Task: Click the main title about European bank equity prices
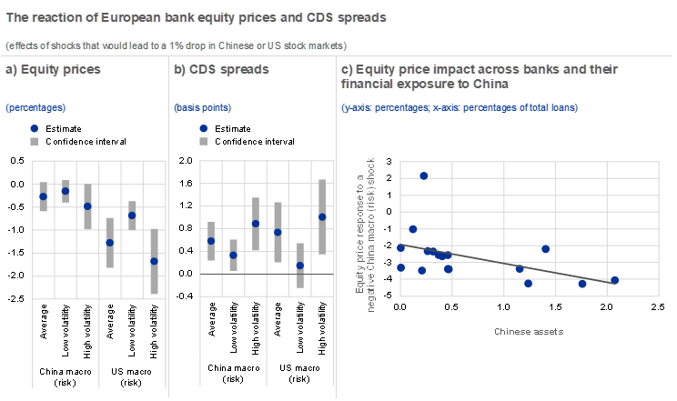tap(196, 16)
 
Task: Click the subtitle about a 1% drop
tap(176, 45)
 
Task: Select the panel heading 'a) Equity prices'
tap(53, 69)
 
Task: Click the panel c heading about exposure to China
tap(479, 76)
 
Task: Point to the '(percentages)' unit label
tap(35, 107)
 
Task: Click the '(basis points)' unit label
tap(203, 107)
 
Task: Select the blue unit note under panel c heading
tap(460, 107)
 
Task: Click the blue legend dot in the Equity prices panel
tap(35, 129)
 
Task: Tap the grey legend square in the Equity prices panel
tap(35, 141)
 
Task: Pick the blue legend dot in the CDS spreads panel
tap(203, 129)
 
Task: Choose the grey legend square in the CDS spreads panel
tap(203, 141)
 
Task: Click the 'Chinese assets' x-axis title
tap(529, 331)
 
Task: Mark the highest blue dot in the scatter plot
tap(424, 175)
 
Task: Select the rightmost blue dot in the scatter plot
tap(615, 280)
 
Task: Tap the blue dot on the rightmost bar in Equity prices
tap(154, 261)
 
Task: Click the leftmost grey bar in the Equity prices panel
tap(43, 196)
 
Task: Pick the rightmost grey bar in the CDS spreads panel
tap(322, 216)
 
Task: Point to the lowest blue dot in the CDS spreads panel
tap(300, 266)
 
